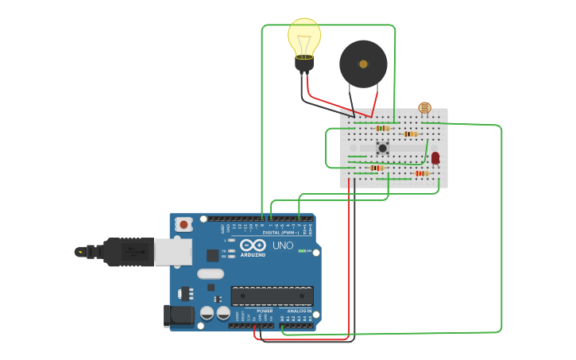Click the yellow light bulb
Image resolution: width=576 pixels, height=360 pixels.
(304, 38)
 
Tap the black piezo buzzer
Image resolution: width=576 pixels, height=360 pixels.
(363, 64)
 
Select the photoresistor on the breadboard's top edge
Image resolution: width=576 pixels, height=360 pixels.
(424, 108)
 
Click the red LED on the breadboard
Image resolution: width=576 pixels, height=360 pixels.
(435, 157)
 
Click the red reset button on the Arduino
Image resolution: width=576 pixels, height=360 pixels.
(184, 225)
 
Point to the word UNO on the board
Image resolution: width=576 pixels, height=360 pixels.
(283, 246)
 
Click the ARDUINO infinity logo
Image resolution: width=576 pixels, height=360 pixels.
(253, 246)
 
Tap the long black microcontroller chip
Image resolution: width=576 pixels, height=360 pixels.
(272, 296)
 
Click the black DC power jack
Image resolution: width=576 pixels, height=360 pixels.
(179, 315)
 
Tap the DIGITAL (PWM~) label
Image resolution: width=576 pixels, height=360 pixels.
(277, 232)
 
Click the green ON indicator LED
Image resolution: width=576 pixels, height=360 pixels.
(302, 251)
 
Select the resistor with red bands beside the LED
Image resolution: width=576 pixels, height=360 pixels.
(421, 173)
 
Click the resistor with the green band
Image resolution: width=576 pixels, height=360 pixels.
(377, 168)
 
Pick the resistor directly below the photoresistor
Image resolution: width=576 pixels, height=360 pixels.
(410, 134)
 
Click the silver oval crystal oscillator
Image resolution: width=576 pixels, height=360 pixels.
(211, 274)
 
